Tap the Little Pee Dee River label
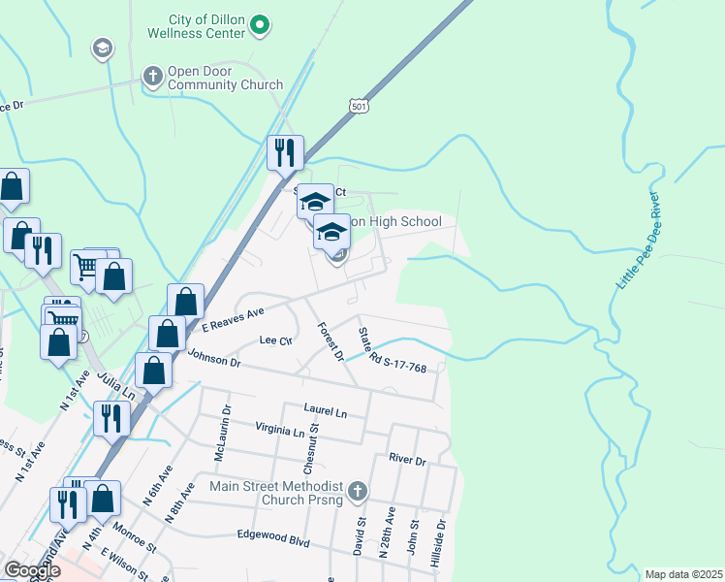pos(638,241)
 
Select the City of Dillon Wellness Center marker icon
pos(259,26)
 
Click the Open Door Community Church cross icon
pos(152,76)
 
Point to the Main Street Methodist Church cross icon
pos(358,492)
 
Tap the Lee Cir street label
pos(276,340)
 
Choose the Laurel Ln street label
pos(325,411)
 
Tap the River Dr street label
pos(407,460)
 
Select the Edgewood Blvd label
pos(273,538)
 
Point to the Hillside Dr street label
pos(441,536)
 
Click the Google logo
pos(31,569)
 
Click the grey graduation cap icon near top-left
pos(101,48)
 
